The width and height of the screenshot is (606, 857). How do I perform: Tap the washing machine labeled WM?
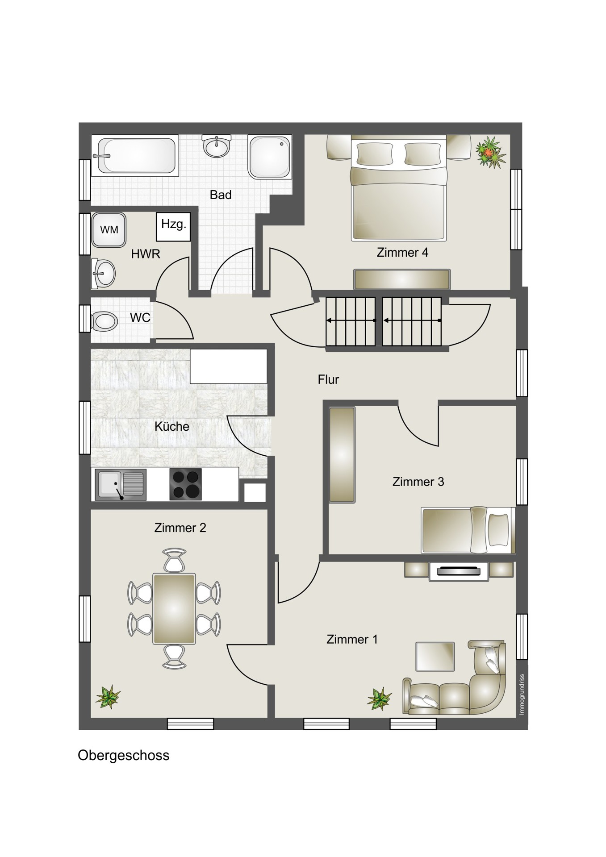[109, 230]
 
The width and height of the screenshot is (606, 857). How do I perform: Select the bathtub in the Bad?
[136, 155]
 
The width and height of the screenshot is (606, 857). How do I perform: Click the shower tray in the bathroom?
[269, 157]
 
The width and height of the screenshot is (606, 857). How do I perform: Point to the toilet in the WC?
[104, 320]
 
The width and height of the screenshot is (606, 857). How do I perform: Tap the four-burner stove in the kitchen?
[185, 484]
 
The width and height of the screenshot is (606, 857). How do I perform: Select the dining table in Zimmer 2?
[174, 609]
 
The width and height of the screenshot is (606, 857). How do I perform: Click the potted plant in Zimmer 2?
[108, 697]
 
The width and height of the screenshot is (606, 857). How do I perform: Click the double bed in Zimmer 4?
[399, 188]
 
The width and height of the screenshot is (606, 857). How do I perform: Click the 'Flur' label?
[328, 379]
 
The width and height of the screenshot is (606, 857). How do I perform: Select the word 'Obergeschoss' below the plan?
[124, 755]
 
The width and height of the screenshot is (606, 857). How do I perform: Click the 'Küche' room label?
[172, 426]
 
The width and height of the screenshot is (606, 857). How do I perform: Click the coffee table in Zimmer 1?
[435, 656]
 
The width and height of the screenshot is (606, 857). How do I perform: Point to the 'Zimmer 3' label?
[418, 482]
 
